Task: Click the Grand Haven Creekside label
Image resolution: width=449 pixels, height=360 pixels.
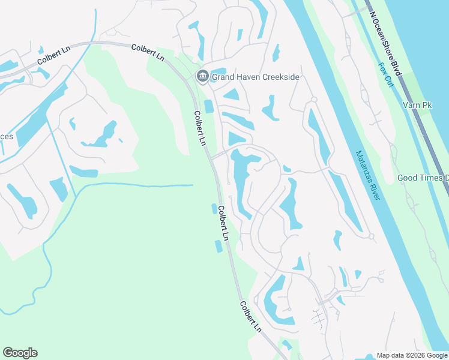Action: pos(255,77)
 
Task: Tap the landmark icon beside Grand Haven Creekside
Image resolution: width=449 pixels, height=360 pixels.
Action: pos(202,76)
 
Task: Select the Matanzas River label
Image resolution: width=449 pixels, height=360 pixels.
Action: pos(368,175)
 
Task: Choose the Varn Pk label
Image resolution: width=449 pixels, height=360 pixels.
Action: pos(418,106)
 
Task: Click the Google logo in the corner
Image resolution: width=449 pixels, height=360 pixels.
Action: pos(20,353)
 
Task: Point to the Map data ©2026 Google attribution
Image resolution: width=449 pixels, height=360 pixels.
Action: pos(412,355)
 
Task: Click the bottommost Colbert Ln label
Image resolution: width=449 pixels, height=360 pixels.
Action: pos(251,316)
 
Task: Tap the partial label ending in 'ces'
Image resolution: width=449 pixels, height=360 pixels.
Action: pos(6,136)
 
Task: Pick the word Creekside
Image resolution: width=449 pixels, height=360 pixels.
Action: pos(278,77)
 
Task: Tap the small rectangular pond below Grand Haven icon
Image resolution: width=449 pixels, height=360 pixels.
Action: pos(209,106)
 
